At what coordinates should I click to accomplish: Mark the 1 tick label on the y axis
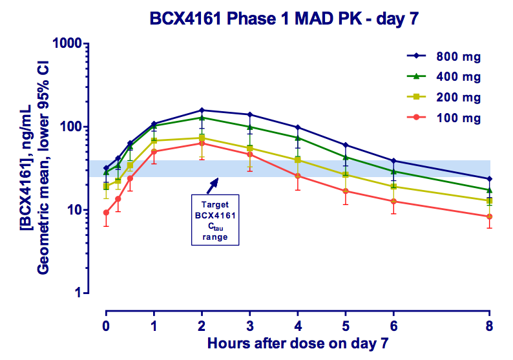tap(89, 293)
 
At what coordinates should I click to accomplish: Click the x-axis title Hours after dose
tap(297, 342)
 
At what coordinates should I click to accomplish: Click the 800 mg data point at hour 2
tap(202, 111)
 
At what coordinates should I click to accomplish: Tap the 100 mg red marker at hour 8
tap(489, 217)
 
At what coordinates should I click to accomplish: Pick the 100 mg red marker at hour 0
tap(106, 213)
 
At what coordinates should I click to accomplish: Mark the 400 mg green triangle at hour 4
tap(297, 138)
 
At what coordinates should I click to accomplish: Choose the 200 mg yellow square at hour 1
tap(154, 140)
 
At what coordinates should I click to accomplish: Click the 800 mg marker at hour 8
tap(489, 178)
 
